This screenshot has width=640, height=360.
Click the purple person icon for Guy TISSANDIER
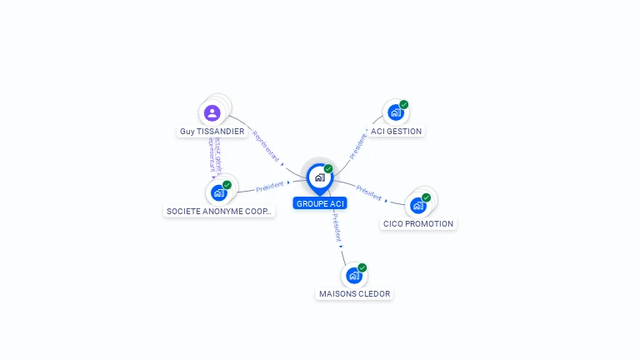click(212, 112)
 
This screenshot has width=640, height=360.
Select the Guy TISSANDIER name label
click(212, 132)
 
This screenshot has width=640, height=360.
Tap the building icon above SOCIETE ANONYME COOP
click(219, 192)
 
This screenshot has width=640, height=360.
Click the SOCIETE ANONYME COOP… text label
click(219, 212)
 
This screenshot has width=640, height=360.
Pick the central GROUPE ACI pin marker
click(319, 177)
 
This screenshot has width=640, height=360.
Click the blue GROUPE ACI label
click(320, 203)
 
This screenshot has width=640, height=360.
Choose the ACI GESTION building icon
click(396, 112)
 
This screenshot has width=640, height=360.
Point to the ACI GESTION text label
click(397, 132)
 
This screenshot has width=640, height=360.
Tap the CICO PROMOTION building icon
click(418, 205)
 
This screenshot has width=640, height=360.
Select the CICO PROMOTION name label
click(418, 224)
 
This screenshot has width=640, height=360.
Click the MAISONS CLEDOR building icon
click(354, 275)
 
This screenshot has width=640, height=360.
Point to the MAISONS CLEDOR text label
click(355, 294)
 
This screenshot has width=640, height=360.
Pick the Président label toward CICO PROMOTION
click(368, 192)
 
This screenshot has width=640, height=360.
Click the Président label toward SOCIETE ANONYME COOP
click(270, 186)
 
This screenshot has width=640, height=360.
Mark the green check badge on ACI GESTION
click(404, 105)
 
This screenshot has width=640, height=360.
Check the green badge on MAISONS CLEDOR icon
click(362, 267)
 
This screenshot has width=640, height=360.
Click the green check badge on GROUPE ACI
click(328, 168)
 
